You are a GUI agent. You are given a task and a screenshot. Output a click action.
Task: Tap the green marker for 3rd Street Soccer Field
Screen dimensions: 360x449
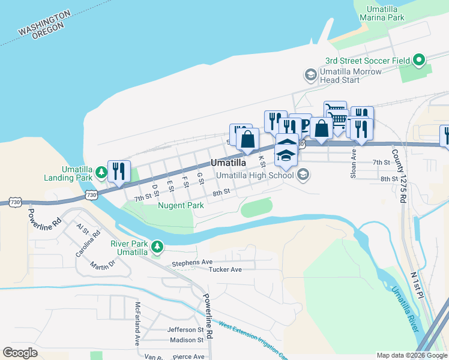tap(419, 60)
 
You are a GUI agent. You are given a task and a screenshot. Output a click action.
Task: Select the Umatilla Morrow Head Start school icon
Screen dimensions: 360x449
tap(310, 75)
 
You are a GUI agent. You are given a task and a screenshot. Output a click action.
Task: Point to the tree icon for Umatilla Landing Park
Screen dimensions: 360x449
tap(101, 173)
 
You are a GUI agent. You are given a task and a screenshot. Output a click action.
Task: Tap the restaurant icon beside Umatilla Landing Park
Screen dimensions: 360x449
tap(118, 171)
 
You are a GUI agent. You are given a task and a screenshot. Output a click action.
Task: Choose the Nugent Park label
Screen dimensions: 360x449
tap(181, 205)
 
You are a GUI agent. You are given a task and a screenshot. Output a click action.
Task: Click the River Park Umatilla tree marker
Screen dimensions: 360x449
tap(157, 247)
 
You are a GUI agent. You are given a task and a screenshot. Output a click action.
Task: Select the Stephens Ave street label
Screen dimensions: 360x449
tap(192, 263)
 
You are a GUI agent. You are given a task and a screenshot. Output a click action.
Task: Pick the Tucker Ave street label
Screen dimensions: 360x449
tap(225, 269)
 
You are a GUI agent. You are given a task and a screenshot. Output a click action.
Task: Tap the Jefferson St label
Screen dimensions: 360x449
tap(186, 329)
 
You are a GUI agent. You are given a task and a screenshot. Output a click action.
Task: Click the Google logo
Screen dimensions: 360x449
tap(20, 353)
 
